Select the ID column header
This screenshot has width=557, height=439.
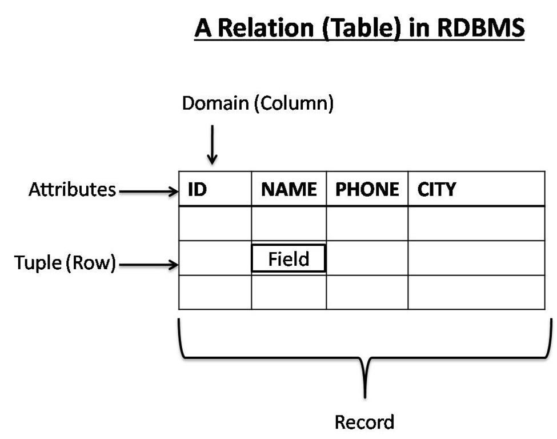click(197, 189)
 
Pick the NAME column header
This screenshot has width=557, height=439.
click(288, 189)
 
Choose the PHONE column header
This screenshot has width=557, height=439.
click(367, 189)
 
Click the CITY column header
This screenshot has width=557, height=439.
click(436, 189)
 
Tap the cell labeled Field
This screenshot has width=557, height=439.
click(288, 259)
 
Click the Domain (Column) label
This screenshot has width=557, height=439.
click(257, 103)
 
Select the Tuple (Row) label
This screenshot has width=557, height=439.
click(65, 264)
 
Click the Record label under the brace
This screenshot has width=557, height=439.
click(364, 422)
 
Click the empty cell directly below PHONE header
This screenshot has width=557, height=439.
click(367, 224)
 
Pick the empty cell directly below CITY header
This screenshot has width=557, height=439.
click(476, 224)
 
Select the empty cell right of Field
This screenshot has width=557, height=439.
click(367, 258)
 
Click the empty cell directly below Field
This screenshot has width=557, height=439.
click(288, 293)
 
